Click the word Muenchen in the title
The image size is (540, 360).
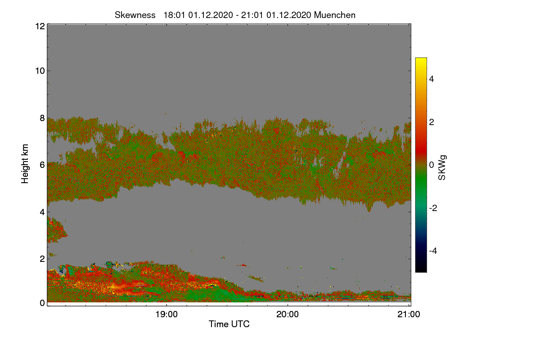pos(335,15)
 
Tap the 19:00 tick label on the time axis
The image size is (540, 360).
pos(166,315)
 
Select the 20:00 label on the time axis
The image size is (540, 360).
pos(288,315)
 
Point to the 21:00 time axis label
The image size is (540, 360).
pos(409,315)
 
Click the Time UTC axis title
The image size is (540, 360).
pos(229,324)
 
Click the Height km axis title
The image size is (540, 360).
pos(25,164)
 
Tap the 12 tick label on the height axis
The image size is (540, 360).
pos(39,26)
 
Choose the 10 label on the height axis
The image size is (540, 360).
pos(39,71)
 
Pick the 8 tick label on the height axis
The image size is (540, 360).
pos(42,118)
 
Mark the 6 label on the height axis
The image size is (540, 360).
pos(42,165)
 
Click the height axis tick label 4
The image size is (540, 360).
pos(42,211)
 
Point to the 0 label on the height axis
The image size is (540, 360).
pos(42,303)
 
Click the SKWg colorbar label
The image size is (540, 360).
pos(442,167)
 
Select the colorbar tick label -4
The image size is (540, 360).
pos(434,251)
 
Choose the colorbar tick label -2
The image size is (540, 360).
pos(434,208)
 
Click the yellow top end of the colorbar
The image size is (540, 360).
pos(421,60)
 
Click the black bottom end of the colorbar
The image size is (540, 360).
pos(421,270)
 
